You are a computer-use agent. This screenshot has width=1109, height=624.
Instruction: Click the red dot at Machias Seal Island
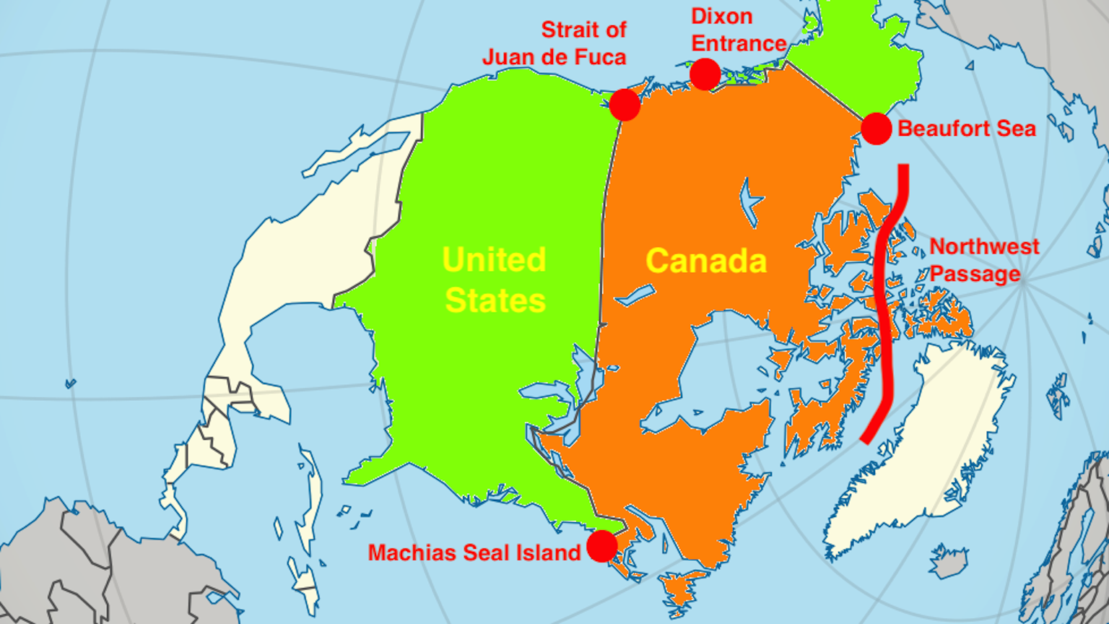tap(602, 546)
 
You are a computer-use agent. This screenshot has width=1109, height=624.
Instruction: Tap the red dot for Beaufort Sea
tap(876, 129)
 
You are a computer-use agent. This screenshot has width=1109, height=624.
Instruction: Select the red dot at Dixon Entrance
tap(705, 74)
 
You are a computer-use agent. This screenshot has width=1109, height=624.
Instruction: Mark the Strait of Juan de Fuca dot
tap(625, 105)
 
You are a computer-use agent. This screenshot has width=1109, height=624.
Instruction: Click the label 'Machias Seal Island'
tap(474, 553)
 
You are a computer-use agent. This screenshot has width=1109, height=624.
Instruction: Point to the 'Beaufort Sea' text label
tap(966, 129)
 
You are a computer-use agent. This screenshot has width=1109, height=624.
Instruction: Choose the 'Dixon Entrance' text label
tap(738, 30)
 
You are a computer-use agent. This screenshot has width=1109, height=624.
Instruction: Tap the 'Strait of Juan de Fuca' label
tap(554, 43)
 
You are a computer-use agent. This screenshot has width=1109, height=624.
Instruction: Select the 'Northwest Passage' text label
tap(983, 260)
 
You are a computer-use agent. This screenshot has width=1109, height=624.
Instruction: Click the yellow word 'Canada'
tap(705, 261)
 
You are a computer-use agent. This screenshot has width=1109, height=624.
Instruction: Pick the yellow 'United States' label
tap(495, 280)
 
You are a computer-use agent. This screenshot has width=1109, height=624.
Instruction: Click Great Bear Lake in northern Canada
tap(751, 199)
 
